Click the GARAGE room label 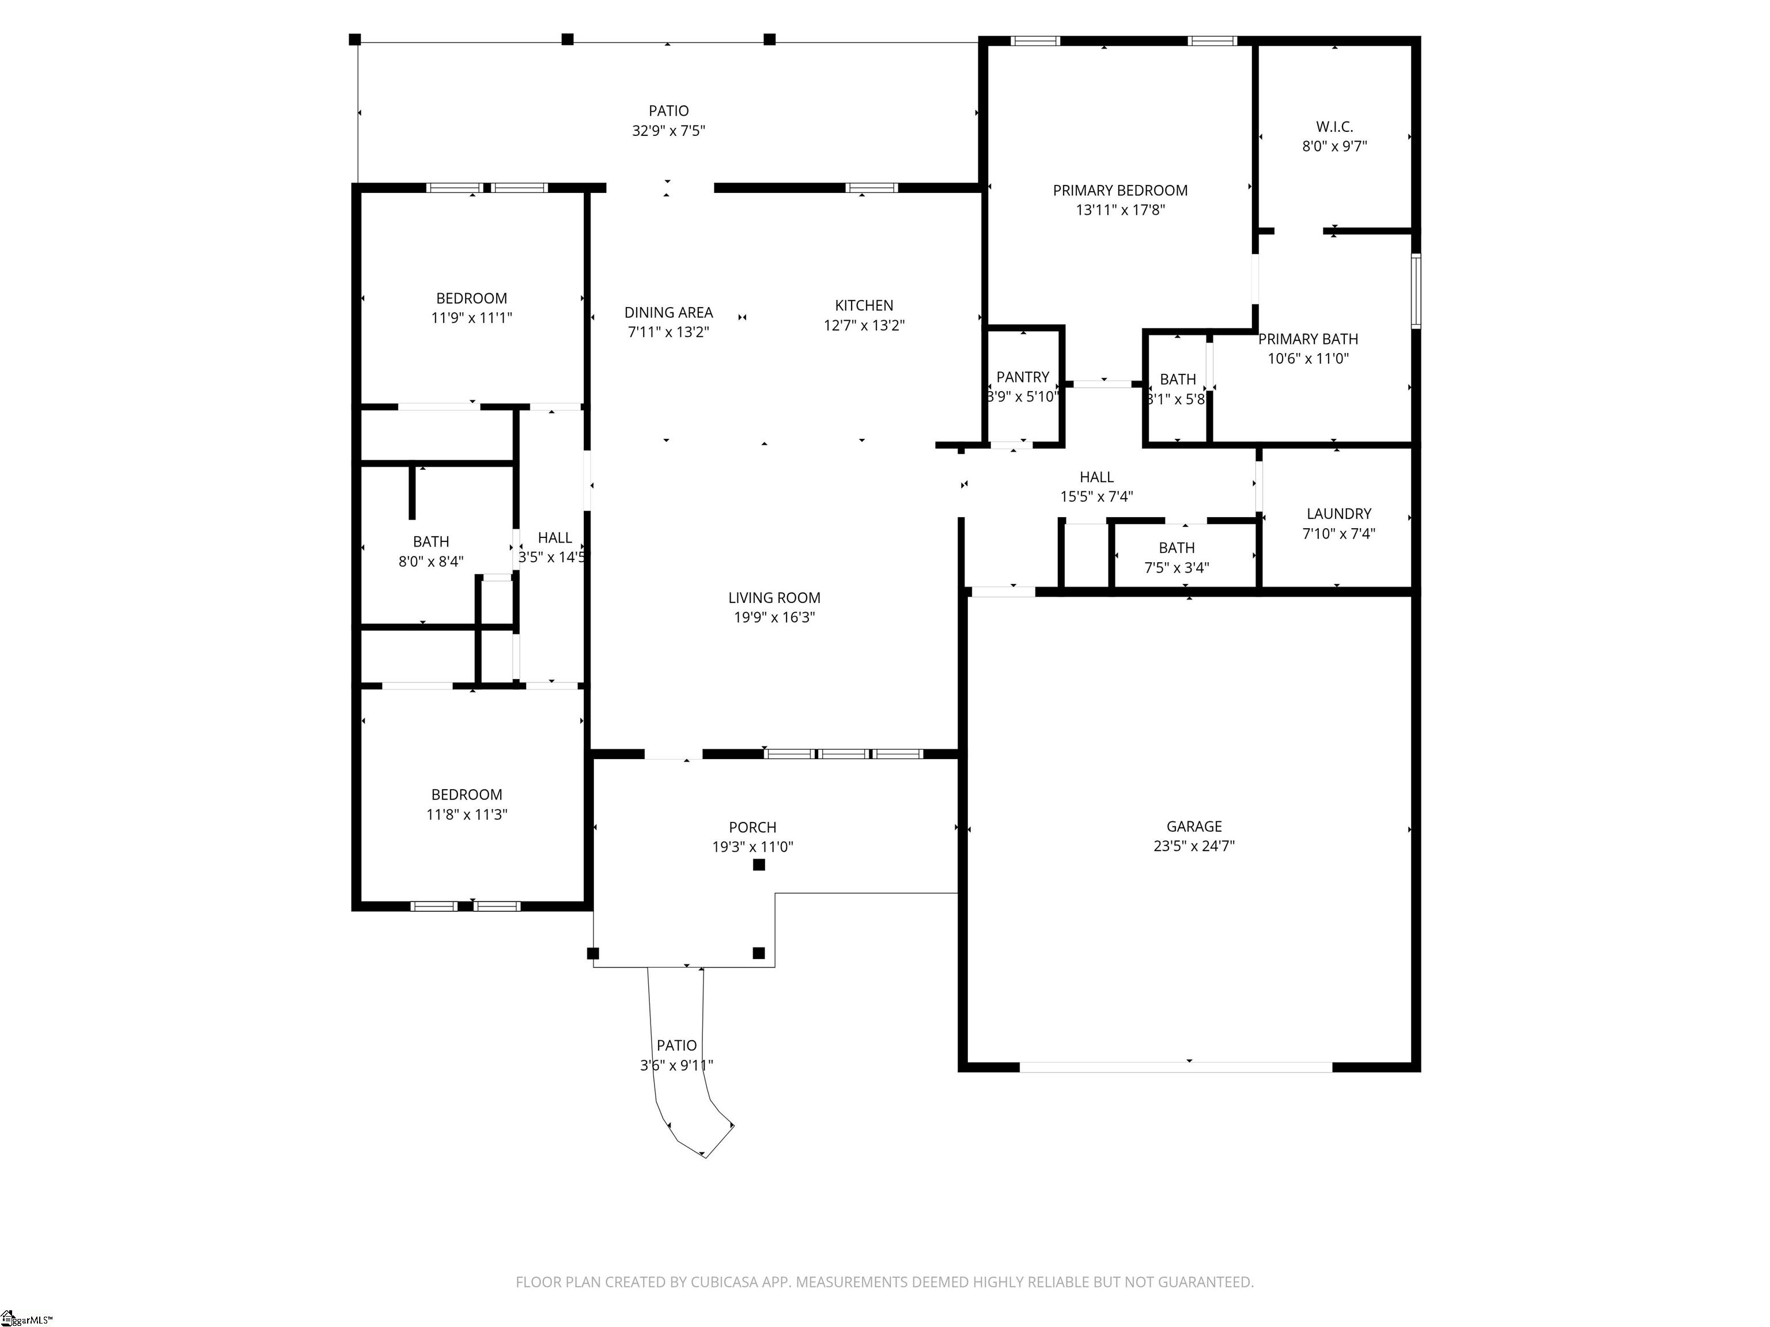[x=1194, y=826]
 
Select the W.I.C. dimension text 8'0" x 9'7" [x=1334, y=146]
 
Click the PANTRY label [x=1023, y=377]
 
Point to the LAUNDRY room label [x=1338, y=514]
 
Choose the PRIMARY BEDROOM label [x=1120, y=191]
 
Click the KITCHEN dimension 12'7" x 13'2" [x=864, y=325]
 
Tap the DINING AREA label [x=668, y=313]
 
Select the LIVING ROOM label [x=774, y=597]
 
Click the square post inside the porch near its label [x=759, y=865]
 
